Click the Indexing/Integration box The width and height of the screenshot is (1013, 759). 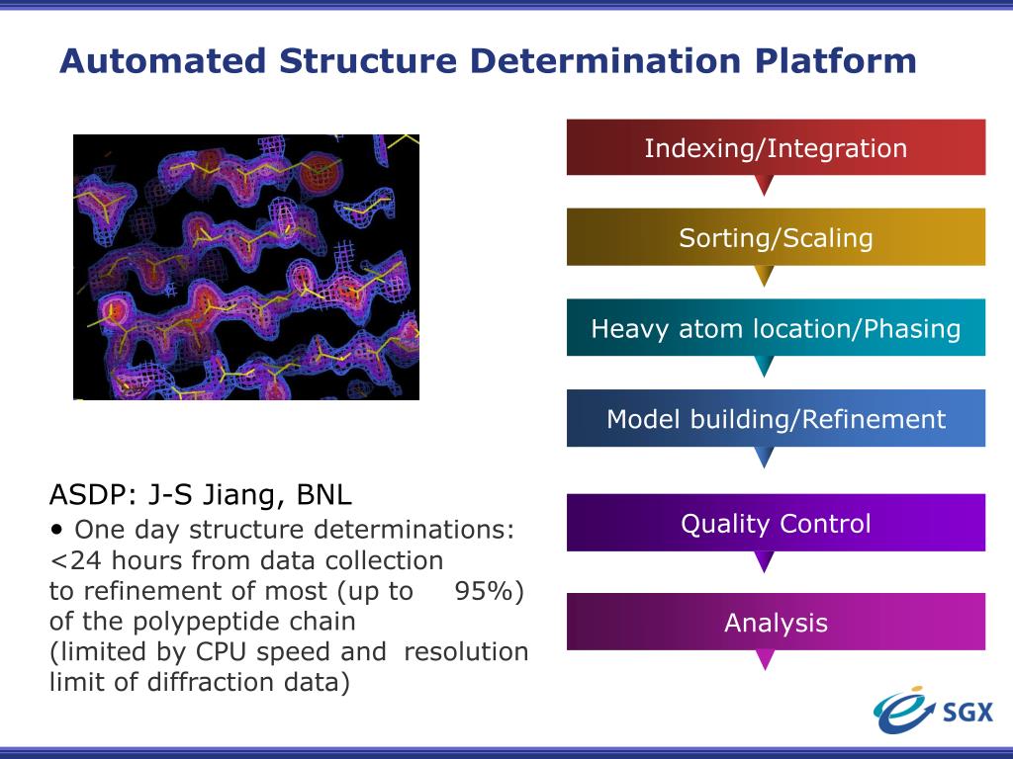(776, 147)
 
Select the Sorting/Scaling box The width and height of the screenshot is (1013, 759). (776, 237)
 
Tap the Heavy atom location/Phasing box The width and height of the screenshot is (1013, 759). (776, 328)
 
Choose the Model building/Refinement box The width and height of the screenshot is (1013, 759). (776, 418)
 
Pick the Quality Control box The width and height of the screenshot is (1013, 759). (776, 523)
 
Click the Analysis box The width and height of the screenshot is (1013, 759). (776, 622)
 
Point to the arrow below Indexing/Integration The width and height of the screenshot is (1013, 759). (764, 185)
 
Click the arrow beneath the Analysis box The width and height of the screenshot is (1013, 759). (764, 659)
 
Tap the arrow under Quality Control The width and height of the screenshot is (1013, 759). (764, 561)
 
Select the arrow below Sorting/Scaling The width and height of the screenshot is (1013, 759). (764, 275)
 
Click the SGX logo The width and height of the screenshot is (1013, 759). (932, 709)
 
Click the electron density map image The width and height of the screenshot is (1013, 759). (246, 267)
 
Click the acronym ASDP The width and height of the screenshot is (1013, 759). (85, 493)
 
